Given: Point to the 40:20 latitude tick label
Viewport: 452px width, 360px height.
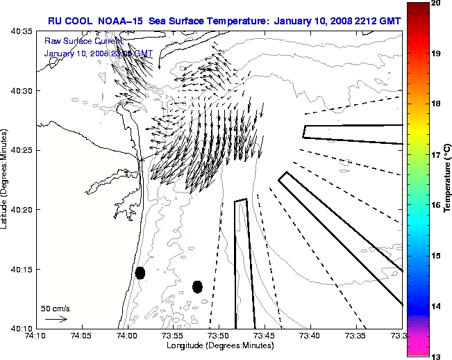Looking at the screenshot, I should pyautogui.click(x=23, y=210).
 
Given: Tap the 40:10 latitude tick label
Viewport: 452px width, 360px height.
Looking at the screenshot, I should pyautogui.click(x=23, y=328).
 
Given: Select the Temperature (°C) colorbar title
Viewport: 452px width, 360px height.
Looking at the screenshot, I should pyautogui.click(x=448, y=179).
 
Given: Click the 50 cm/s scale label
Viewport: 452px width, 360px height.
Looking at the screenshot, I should pyautogui.click(x=55, y=308).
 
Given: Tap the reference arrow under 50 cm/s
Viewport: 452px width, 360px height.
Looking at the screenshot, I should pyautogui.click(x=56, y=319).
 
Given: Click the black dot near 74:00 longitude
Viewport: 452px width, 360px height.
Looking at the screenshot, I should pyautogui.click(x=140, y=273).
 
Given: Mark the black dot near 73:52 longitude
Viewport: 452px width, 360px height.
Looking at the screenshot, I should pyautogui.click(x=197, y=286).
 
